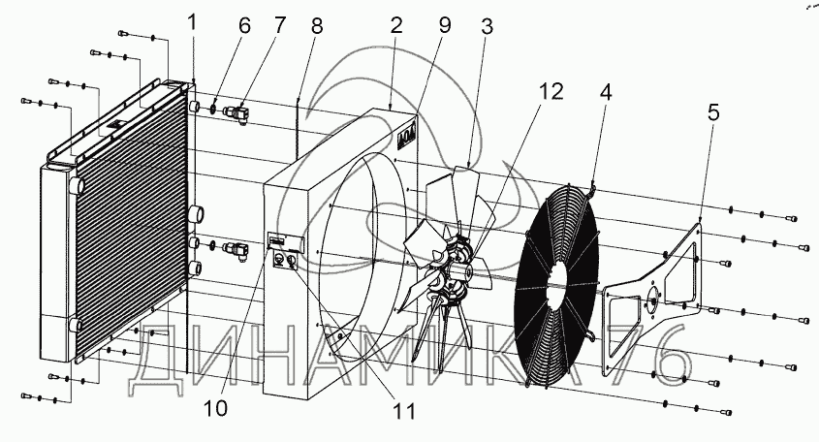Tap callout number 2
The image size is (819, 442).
pos(395,26)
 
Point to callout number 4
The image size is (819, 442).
pos(606,94)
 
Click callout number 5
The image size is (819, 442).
pos(712,112)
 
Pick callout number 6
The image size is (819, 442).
pos(244,26)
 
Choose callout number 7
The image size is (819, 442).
pos(279,26)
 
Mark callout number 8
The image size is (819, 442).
pos(316,26)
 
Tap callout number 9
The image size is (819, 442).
pos(445,26)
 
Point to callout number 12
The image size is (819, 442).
pos(550,92)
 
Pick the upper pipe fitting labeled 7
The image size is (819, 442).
pos(238,111)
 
